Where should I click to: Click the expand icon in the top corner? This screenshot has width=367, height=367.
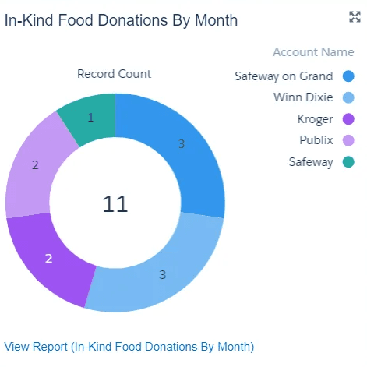point(355,17)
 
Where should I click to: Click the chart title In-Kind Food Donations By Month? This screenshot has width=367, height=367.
point(121,20)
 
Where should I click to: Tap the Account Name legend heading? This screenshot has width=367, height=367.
point(313,52)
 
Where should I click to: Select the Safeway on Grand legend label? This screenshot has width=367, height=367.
point(284,76)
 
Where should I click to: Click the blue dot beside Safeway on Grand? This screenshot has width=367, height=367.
point(348,76)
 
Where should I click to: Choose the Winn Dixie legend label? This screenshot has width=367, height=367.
point(303,97)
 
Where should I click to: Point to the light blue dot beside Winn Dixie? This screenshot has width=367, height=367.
point(348,97)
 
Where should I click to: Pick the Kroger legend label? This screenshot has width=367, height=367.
point(315,119)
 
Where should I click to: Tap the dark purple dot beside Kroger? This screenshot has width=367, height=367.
point(348,119)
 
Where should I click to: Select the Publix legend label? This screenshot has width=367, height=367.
point(316,140)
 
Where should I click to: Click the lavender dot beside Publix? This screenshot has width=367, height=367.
point(348,140)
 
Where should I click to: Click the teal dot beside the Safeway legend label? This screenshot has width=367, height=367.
point(348,162)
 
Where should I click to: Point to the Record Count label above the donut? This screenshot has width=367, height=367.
point(114,74)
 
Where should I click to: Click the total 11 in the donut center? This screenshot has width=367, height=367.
point(115,204)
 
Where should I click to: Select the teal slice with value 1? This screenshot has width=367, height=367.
point(88,118)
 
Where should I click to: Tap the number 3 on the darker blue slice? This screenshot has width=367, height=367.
point(182,144)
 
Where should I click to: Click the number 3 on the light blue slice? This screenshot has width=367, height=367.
point(163,275)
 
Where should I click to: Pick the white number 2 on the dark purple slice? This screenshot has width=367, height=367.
point(49,259)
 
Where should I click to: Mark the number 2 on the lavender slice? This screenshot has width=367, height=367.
point(35,165)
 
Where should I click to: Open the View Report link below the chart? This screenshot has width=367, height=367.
point(129,347)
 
